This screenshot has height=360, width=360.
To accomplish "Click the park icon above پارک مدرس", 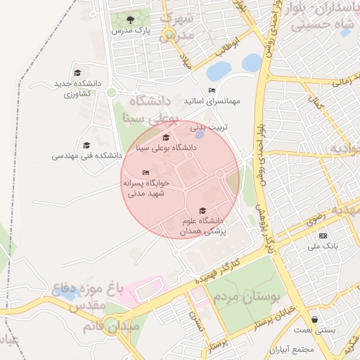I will pyautogui.click(x=130, y=19).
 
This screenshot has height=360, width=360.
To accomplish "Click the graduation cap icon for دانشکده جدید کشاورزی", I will pyautogui.click(x=77, y=72).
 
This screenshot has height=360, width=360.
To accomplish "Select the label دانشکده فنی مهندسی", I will pyautogui.click(x=87, y=155).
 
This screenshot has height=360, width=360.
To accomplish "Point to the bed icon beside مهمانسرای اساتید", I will pyautogui.click(x=212, y=91).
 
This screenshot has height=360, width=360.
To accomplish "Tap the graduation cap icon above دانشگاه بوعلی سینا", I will pyautogui.click(x=166, y=137).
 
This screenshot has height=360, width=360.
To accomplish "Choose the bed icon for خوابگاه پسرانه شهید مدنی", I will pyautogui.click(x=146, y=172).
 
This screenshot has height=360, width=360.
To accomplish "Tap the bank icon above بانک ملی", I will pyautogui.click(x=323, y=236).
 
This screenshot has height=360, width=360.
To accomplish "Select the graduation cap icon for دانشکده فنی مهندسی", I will pyautogui.click(x=86, y=145).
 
